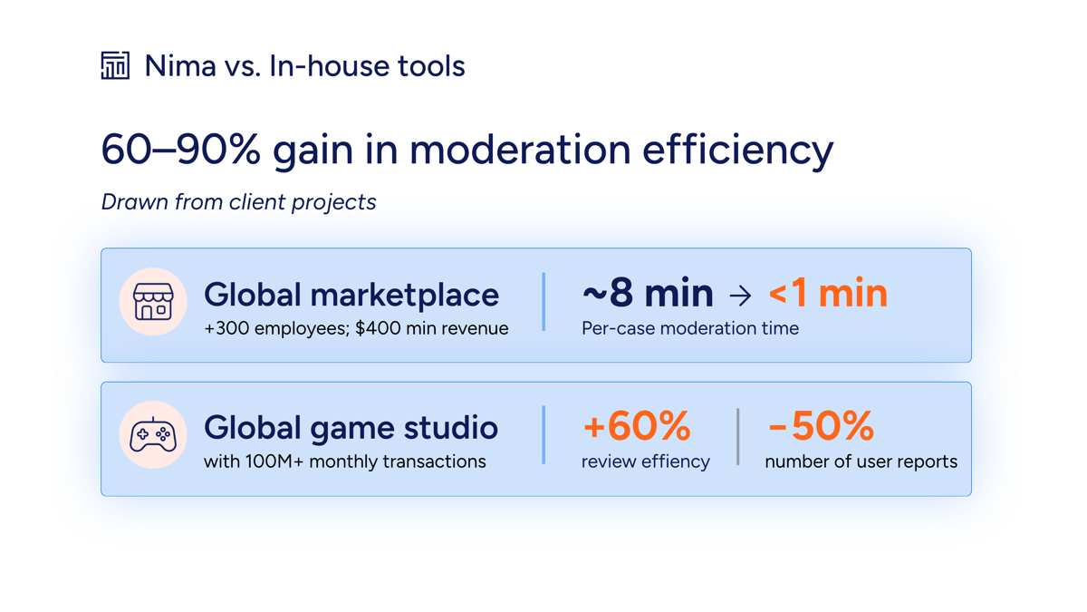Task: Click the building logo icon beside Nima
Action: click(115, 65)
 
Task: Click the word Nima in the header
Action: click(180, 66)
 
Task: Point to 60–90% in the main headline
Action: click(180, 149)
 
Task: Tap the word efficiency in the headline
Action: click(737, 151)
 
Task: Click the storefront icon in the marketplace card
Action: click(153, 302)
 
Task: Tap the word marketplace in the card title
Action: click(405, 296)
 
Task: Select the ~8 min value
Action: click(648, 293)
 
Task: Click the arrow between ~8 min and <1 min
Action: click(741, 296)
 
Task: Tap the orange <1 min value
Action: click(828, 293)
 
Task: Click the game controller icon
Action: click(153, 434)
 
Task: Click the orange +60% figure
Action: click(637, 426)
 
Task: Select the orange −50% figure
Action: click(821, 426)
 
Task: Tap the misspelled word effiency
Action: click(676, 461)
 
